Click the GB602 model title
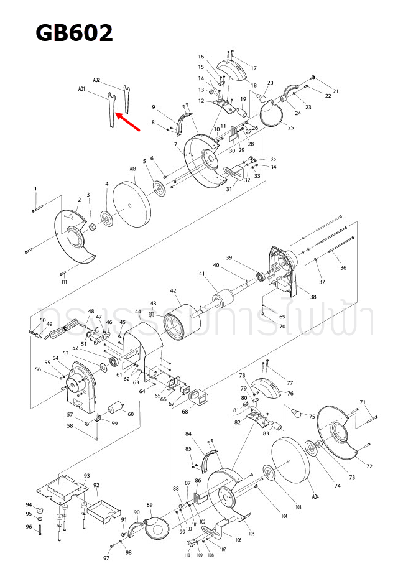74,32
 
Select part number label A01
81,90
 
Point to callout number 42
174,290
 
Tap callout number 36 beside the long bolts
343,267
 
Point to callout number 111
64,282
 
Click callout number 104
284,517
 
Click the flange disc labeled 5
160,188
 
